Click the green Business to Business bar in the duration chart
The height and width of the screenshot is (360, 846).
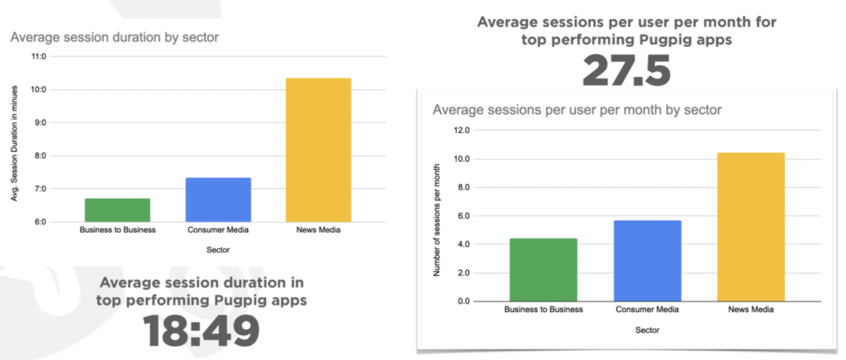tap(117, 211)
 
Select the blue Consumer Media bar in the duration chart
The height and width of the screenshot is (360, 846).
tap(218, 200)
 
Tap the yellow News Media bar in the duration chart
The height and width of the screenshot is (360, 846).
tap(318, 150)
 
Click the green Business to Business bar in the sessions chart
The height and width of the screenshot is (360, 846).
tap(544, 270)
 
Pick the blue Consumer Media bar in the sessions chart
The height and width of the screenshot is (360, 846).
tap(648, 261)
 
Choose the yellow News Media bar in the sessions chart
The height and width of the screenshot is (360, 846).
tap(751, 227)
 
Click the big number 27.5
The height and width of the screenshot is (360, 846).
tap(626, 71)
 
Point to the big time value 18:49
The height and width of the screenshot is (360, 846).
tap(202, 330)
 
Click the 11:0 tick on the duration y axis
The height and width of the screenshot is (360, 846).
tap(40, 57)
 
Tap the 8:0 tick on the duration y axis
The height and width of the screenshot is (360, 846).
tap(41, 156)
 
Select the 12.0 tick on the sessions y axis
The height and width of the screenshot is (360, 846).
tap(463, 130)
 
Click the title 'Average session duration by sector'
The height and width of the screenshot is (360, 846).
tap(114, 38)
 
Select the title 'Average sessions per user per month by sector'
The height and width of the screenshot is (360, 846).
tap(577, 111)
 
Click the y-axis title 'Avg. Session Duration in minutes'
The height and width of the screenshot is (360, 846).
tap(15, 143)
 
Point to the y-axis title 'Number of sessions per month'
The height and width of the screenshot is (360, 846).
tap(437, 220)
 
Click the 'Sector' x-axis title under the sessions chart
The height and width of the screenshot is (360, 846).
tap(648, 329)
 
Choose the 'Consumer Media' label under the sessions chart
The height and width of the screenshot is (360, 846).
tap(648, 310)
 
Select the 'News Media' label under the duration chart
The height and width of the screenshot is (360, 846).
tap(318, 230)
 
